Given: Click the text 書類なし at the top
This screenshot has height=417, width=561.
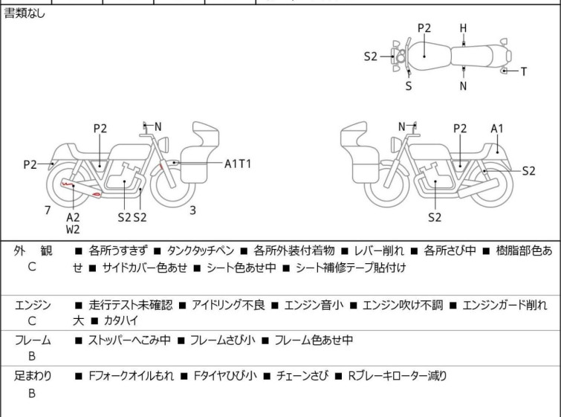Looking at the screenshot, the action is [x=25, y=13].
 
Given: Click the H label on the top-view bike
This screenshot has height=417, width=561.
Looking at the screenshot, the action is [x=464, y=28].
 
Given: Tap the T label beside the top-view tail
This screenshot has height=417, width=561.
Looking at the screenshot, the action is [x=524, y=71].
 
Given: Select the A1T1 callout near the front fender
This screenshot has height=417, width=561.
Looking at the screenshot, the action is [x=238, y=164].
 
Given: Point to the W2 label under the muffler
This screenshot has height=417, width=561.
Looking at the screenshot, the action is [x=73, y=230].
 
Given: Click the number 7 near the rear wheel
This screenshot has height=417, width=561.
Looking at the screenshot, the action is [x=48, y=210].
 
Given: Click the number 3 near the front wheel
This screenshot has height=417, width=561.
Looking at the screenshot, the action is [x=192, y=210].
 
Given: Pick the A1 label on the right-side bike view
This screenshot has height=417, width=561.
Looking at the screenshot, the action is [x=497, y=129].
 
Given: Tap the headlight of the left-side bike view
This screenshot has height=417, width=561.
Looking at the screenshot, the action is [x=163, y=145].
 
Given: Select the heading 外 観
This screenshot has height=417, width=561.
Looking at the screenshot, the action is [x=33, y=251].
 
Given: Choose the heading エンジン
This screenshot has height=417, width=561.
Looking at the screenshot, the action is [x=33, y=306].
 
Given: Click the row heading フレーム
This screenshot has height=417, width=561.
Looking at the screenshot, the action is [x=33, y=340].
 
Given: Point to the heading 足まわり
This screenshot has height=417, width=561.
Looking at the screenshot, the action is [x=33, y=376].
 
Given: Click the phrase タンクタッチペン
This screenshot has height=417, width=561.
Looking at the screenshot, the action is [x=201, y=250].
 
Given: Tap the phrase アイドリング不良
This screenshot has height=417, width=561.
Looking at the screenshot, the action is [x=228, y=305].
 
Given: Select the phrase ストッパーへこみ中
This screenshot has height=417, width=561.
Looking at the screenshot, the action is [x=129, y=340].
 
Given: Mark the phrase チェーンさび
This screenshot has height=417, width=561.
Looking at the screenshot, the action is [x=302, y=376].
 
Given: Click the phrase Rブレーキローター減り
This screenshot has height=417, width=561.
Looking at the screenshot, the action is [x=397, y=376].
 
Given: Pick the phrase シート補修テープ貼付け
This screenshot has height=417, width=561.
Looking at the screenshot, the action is [x=351, y=268].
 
